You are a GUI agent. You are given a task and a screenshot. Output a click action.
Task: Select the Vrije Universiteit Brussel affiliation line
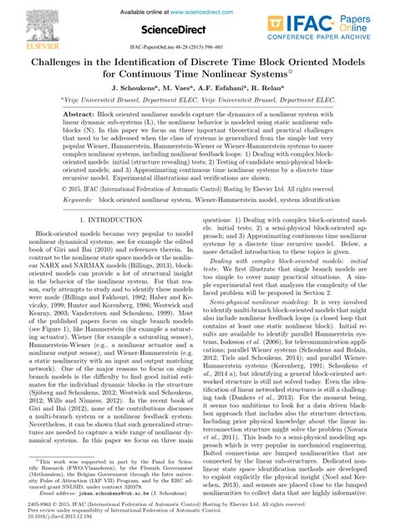[197, 99]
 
